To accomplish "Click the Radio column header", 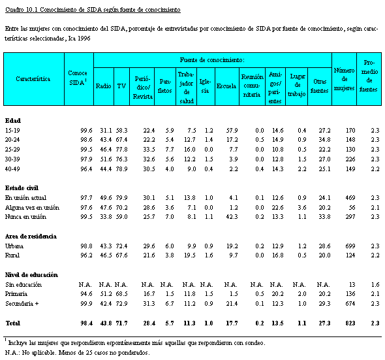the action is coord(103,86).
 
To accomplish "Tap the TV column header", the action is coord(121,86).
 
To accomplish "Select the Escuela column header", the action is coord(226,86).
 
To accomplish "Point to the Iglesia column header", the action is coord(205,86).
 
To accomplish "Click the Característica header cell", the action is coord(33,78).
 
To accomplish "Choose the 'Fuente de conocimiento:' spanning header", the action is coord(212,60).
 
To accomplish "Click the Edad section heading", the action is coord(13,120).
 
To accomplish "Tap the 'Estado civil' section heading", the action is coord(22,188).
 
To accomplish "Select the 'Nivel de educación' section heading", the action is coord(31,274).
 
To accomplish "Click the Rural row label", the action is coord(12,255).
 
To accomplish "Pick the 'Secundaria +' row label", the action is coord(22,303).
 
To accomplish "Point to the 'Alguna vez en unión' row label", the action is coord(32,208).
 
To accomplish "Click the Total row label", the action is coord(13,323).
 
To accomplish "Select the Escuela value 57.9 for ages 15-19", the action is coord(232,130).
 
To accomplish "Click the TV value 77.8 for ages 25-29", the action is coord(121,150).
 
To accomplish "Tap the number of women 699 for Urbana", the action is coord(350,246).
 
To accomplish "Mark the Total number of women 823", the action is coord(350,323).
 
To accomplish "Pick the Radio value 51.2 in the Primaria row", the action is coord(106,294).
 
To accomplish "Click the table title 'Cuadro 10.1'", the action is coord(22,10).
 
